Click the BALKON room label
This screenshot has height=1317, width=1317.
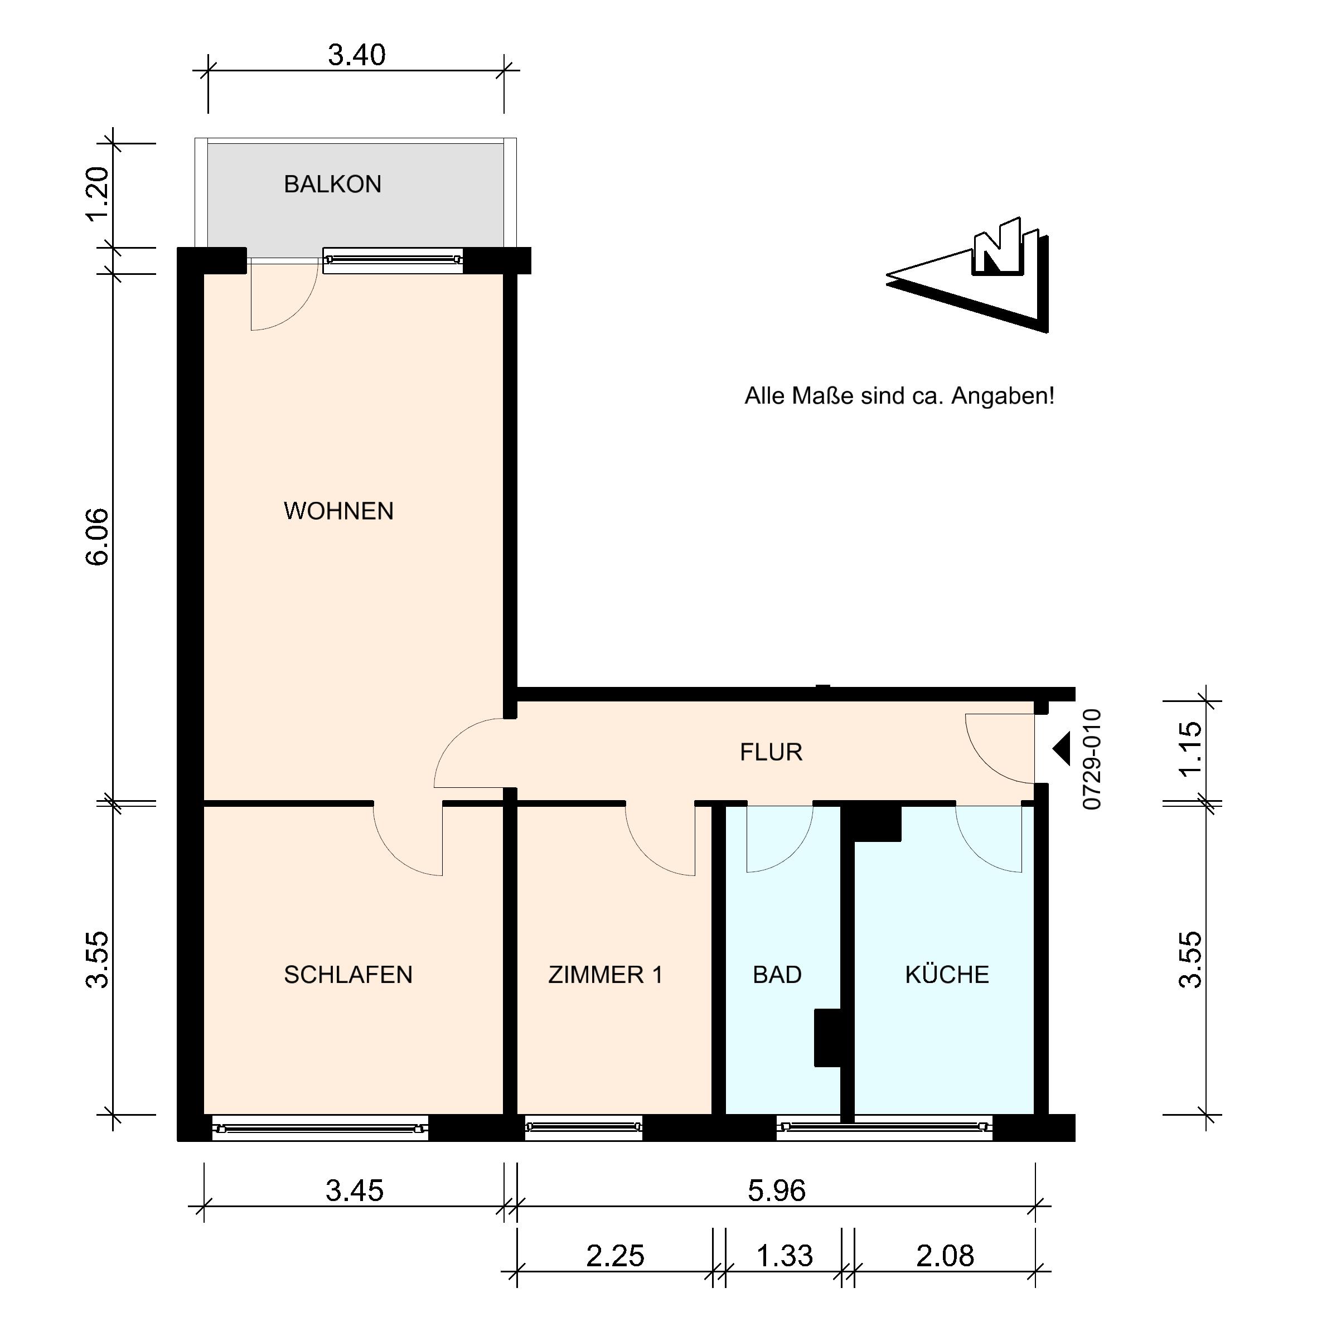[x=333, y=184]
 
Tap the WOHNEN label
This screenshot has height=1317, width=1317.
[x=339, y=511]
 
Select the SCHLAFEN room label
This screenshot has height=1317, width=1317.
[x=348, y=975]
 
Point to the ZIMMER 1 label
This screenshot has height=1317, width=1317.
[x=606, y=975]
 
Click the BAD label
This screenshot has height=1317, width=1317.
[x=777, y=975]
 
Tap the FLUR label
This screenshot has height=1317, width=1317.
[x=771, y=752]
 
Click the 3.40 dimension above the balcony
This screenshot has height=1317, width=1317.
[x=356, y=55]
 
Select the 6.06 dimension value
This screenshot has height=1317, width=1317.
[x=98, y=536]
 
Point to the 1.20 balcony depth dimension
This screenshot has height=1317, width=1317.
[x=98, y=194]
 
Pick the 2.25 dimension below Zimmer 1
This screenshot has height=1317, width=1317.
[x=615, y=1256]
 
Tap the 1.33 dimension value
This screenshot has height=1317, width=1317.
[x=785, y=1256]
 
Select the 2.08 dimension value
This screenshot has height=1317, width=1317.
[x=945, y=1256]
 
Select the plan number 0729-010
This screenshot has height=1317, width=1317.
[x=1091, y=759]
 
